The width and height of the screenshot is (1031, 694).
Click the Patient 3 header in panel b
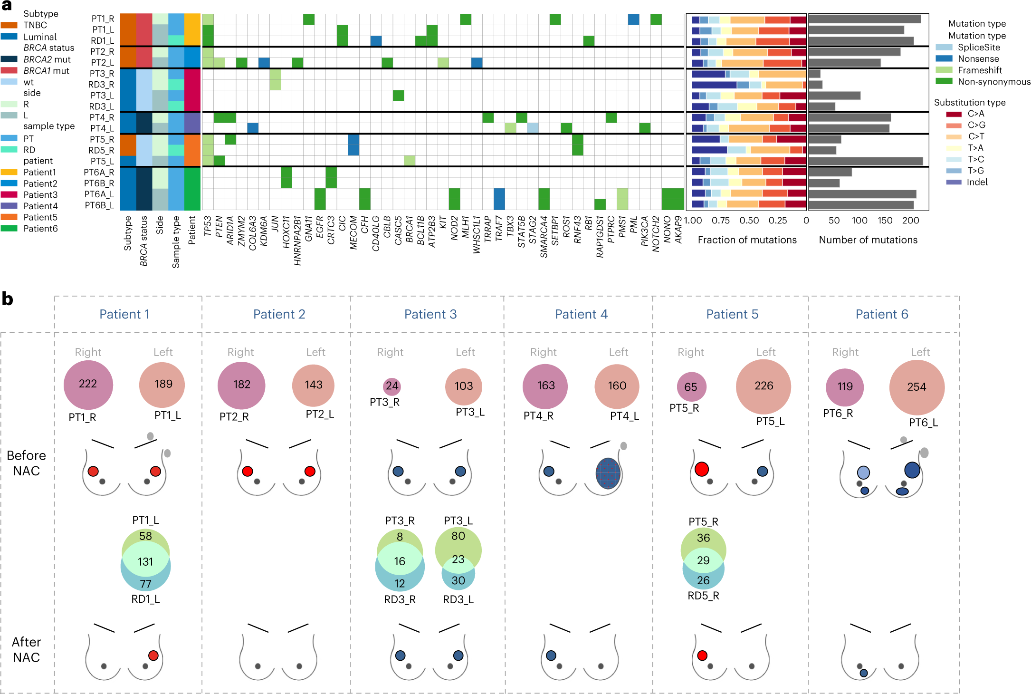point(430,314)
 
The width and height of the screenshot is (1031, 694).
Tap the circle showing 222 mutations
point(88,384)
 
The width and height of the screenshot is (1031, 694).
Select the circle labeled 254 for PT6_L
point(916,387)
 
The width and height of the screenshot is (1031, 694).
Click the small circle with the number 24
point(392,386)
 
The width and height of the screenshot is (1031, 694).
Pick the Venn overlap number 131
point(145,561)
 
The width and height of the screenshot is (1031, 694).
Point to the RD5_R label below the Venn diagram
point(703,596)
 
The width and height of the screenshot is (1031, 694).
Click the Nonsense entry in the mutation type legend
point(978,59)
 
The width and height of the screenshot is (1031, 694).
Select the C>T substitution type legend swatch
point(954,136)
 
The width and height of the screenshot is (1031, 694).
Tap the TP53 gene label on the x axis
point(208,226)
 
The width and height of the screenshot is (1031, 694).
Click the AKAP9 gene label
point(679,230)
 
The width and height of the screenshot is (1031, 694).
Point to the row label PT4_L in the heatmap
point(102,128)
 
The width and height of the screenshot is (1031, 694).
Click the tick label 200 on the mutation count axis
point(910,221)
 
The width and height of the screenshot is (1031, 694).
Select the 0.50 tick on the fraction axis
point(749,221)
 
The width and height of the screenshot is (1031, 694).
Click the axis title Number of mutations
point(868,240)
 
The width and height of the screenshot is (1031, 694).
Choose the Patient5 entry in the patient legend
point(40,217)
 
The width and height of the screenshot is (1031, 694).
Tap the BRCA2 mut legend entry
point(47,59)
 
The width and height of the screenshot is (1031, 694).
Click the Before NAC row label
point(26,463)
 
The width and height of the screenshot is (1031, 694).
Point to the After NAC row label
point(26,650)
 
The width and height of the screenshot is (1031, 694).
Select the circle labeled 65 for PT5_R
point(691,387)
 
